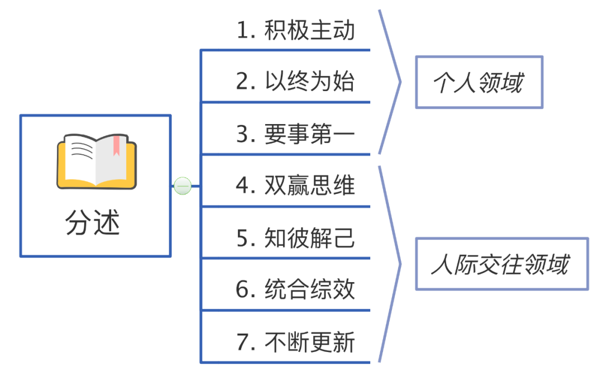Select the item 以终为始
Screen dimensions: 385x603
[310, 82]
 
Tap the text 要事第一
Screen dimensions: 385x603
[310, 134]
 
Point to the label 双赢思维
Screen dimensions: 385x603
[310, 186]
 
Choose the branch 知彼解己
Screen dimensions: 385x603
[310, 238]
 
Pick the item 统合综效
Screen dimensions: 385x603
[310, 290]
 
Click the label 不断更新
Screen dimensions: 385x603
[310, 342]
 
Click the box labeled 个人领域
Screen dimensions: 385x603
[479, 82]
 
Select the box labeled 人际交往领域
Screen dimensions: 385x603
[501, 264]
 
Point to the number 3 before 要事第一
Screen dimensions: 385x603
[243, 135]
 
